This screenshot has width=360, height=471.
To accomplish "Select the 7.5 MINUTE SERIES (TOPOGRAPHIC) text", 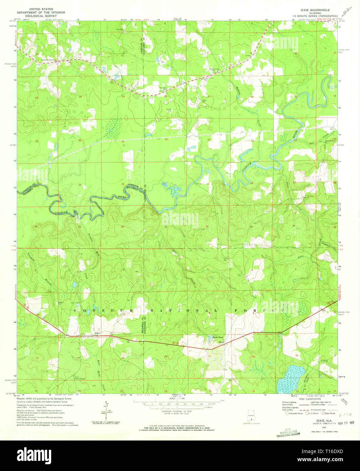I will (x=317, y=16).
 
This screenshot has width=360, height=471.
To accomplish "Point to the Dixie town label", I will (x=98, y=333).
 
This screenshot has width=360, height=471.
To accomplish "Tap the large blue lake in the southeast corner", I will (x=290, y=378).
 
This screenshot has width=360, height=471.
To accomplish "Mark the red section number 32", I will (x=207, y=226).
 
